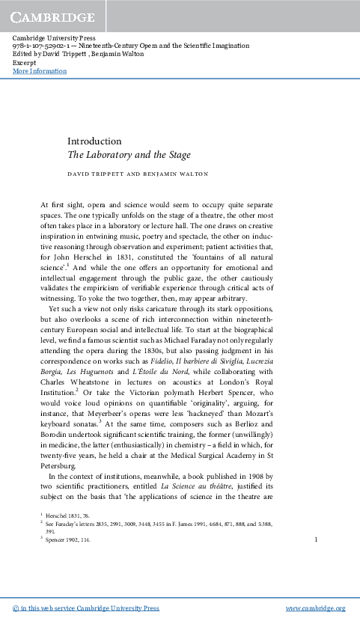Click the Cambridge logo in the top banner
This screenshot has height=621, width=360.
[x=52, y=16]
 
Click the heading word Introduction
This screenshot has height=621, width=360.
[x=94, y=141]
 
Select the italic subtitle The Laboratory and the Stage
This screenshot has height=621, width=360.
[x=129, y=156]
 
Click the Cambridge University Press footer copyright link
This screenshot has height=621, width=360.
[x=87, y=608]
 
